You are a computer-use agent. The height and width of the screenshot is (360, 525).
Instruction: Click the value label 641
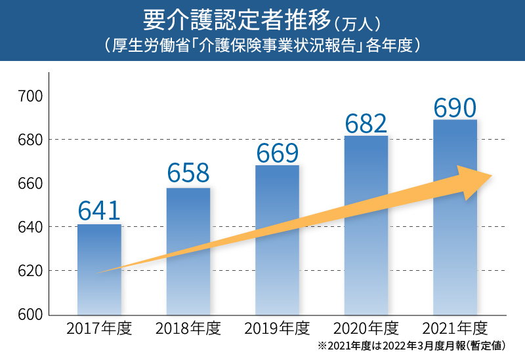click(99, 210)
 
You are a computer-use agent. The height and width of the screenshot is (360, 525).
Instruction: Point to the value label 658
click(188, 173)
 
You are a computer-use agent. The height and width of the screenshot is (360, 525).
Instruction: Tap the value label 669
click(277, 152)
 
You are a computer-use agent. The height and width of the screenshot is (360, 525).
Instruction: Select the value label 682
click(366, 123)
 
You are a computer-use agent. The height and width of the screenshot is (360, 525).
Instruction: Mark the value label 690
click(455, 108)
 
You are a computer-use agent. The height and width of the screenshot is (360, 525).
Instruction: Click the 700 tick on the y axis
click(30, 96)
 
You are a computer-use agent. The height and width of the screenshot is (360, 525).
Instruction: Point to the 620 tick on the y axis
click(30, 271)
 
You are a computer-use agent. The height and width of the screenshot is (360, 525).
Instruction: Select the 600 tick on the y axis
click(30, 314)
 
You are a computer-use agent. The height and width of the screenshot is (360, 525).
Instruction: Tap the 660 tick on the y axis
click(30, 184)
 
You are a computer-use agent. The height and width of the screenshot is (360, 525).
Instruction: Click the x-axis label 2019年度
click(276, 328)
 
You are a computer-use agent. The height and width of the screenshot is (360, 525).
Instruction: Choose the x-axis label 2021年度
click(455, 328)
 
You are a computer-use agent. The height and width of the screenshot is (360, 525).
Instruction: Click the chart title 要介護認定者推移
click(233, 20)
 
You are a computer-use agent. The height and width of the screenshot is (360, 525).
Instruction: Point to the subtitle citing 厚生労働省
click(262, 47)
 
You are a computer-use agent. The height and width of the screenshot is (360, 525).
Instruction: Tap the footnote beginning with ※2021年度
click(412, 345)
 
